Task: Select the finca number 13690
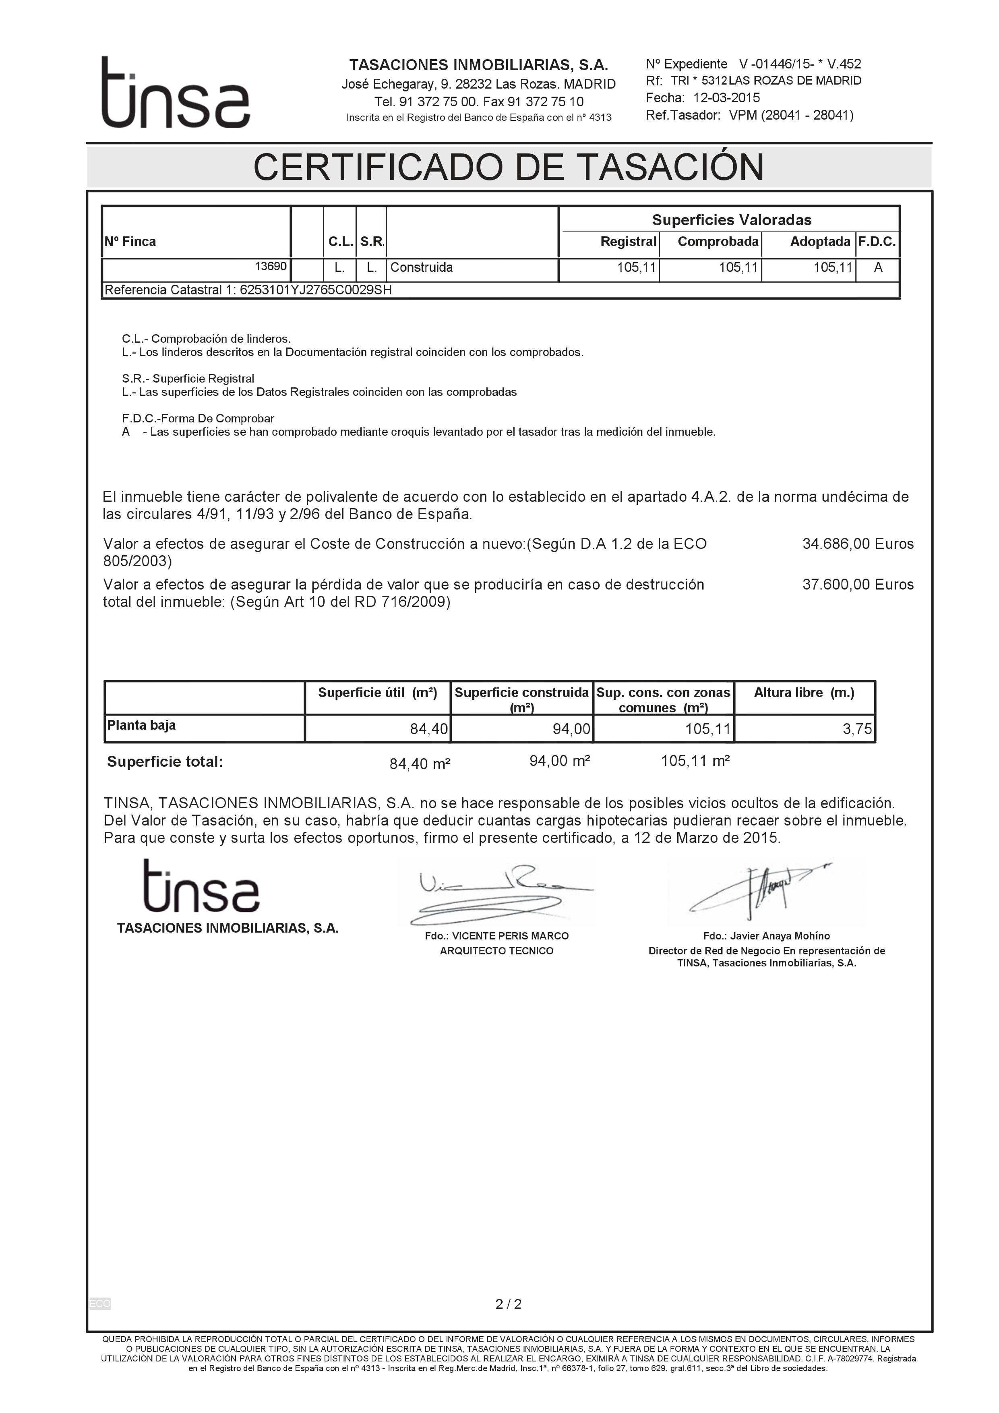(271, 267)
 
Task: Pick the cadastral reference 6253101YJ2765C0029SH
(315, 290)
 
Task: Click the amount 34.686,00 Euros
(857, 544)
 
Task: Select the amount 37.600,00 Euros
(857, 585)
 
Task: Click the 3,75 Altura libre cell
(857, 729)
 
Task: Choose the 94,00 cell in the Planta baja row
(571, 729)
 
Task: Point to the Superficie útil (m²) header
(377, 693)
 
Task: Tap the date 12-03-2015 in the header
(726, 98)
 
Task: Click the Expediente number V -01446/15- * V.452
(800, 64)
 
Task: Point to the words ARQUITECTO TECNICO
(496, 951)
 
